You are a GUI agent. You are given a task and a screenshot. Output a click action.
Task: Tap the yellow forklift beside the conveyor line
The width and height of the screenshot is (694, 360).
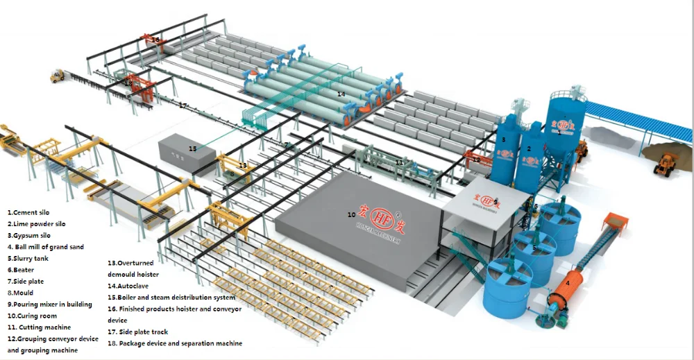tap(57, 76)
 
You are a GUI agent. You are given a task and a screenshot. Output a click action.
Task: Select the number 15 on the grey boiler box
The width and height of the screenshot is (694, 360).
tap(192, 148)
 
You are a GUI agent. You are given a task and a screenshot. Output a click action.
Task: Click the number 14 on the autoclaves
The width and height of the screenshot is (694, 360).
tap(341, 93)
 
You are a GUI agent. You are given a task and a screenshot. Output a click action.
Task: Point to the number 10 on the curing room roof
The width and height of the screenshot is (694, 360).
tap(352, 214)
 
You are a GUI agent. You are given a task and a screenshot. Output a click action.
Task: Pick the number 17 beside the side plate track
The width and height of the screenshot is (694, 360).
tap(183, 105)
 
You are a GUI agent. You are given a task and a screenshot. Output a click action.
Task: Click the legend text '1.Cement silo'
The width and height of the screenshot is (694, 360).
tap(28, 212)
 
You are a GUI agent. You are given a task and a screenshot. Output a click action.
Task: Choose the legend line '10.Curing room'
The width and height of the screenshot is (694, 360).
tap(33, 316)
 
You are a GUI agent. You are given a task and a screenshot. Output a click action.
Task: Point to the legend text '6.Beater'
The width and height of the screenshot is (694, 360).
tap(20, 270)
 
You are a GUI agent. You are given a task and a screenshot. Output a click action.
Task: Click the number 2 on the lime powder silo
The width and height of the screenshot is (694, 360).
tap(529, 148)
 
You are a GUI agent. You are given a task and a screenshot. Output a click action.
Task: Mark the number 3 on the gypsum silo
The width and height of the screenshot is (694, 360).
tap(504, 139)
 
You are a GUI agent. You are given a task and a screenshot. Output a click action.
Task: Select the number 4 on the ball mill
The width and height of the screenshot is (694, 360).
tap(568, 282)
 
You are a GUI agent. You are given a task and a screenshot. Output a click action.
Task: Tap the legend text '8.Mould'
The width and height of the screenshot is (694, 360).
tap(21, 293)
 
